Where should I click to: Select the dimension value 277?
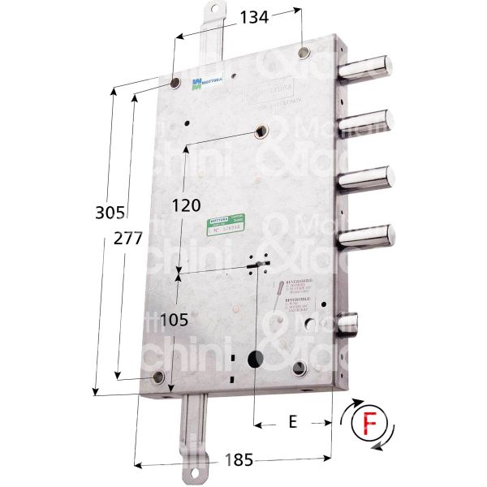(130, 239)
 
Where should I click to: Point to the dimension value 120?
(187, 205)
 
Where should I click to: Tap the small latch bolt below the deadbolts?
(351, 325)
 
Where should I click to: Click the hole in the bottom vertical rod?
(194, 473)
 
